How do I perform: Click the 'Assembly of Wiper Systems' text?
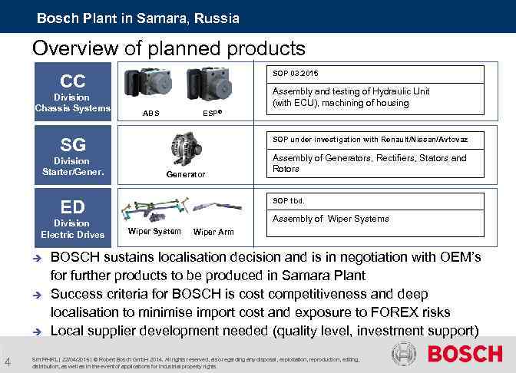[319, 219]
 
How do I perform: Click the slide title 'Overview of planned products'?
[169, 48]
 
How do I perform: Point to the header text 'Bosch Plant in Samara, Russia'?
[138, 18]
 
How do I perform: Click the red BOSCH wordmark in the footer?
[465, 355]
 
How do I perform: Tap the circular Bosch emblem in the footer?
[404, 355]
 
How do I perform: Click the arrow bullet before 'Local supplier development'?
[36, 331]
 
